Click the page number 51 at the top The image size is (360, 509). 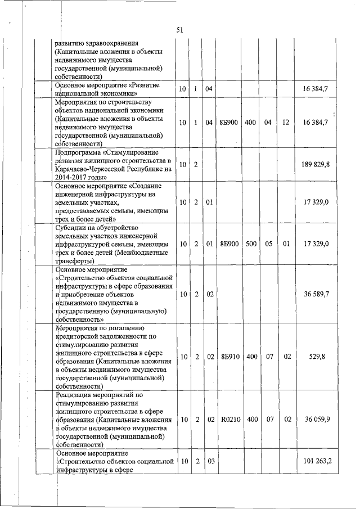180,29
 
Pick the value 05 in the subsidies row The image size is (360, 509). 269,244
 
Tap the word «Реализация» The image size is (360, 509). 76,394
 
